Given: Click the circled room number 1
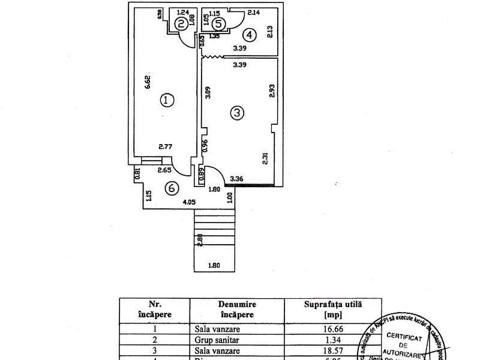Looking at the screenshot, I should point(166,100).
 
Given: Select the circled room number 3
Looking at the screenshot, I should point(238,112).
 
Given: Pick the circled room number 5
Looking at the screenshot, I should point(218,23).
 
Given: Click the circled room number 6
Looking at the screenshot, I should point(172,188).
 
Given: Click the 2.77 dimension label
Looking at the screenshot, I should point(166,146).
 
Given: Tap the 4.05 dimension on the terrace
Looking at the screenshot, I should point(190,202).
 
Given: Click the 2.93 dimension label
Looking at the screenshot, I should point(272,91).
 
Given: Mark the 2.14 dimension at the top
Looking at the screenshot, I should point(253,13).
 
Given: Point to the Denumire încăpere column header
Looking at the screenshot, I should point(238,309).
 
